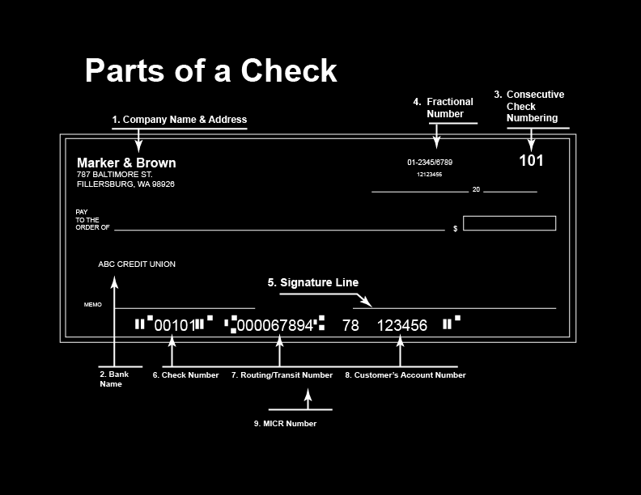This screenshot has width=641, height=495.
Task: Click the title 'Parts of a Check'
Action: coord(210,71)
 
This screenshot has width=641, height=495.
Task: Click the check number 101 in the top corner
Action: coord(531,160)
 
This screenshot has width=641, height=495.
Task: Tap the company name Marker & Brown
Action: coord(126,163)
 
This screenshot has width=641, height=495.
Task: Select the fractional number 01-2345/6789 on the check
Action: coord(430,163)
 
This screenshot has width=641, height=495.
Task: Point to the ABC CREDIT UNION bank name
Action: coord(137,264)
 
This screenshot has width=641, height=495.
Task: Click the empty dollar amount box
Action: coord(509,223)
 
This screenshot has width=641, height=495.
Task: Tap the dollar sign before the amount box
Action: coord(455,229)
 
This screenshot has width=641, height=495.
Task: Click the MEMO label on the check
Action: coord(93,305)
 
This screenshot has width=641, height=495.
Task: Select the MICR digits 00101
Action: coord(174,326)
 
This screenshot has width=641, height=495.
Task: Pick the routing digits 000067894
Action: coord(275,326)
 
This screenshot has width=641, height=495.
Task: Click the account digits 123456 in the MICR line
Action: coord(402,326)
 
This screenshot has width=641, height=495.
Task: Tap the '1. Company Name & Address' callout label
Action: coord(179,120)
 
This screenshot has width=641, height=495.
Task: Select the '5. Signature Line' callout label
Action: coord(313,282)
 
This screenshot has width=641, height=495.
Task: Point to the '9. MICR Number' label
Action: coord(285,424)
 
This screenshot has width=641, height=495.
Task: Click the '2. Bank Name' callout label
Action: coord(114,379)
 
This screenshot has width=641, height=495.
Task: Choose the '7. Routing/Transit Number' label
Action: coord(282,375)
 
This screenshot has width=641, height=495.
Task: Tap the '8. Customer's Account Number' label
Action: coord(405,375)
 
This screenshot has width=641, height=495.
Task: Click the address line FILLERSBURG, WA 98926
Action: coord(125,184)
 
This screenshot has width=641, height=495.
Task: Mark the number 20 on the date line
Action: coord(476,189)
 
